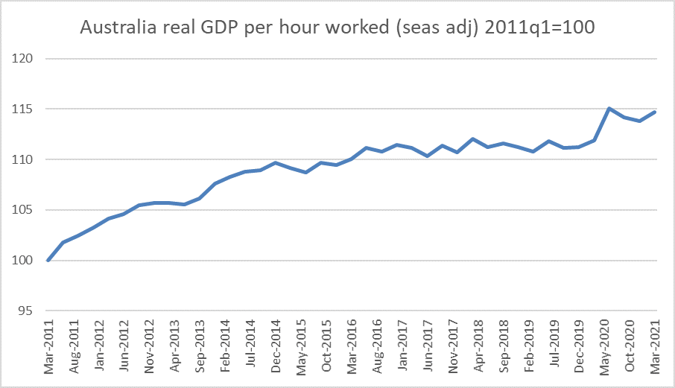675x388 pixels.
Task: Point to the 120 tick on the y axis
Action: (27, 59)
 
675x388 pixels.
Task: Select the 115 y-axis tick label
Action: (27, 109)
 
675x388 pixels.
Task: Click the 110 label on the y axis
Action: (27, 159)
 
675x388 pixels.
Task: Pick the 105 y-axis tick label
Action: (27, 210)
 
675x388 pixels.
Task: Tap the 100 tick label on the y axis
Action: (27, 261)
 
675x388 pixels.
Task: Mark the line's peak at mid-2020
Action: (609, 109)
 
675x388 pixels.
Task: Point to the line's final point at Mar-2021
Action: (655, 112)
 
